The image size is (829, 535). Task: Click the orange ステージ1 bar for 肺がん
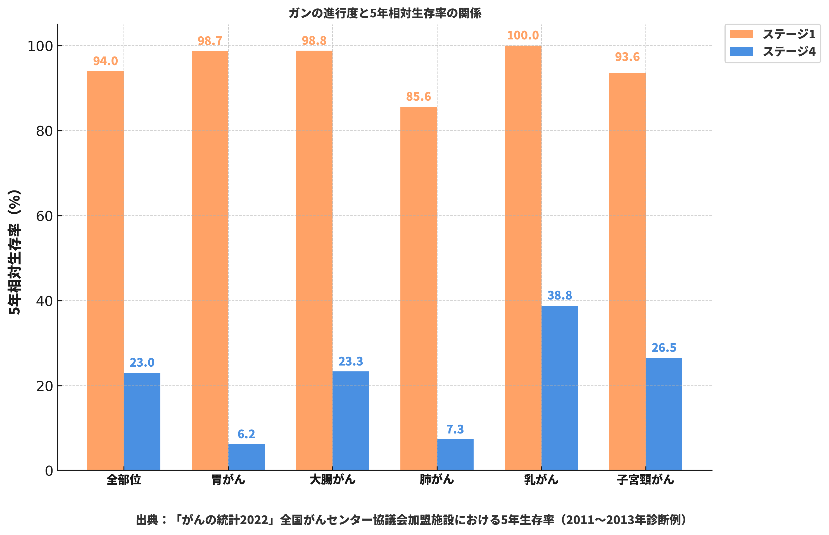click(418, 288)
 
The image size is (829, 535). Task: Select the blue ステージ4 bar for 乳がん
click(559, 388)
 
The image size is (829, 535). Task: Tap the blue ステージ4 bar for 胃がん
click(246, 457)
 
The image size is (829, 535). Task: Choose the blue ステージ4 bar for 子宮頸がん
click(664, 414)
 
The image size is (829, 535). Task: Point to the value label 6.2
click(246, 434)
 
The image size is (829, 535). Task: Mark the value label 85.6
click(418, 96)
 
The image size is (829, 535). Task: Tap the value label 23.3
click(350, 362)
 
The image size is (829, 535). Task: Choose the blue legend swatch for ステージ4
click(741, 52)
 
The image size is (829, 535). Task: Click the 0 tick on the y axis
click(49, 471)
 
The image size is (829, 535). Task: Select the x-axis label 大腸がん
click(332, 480)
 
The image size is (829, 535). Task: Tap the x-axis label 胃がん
click(228, 480)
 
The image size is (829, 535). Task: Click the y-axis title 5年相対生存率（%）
click(15, 252)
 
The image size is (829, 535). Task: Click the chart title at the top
click(384, 13)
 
